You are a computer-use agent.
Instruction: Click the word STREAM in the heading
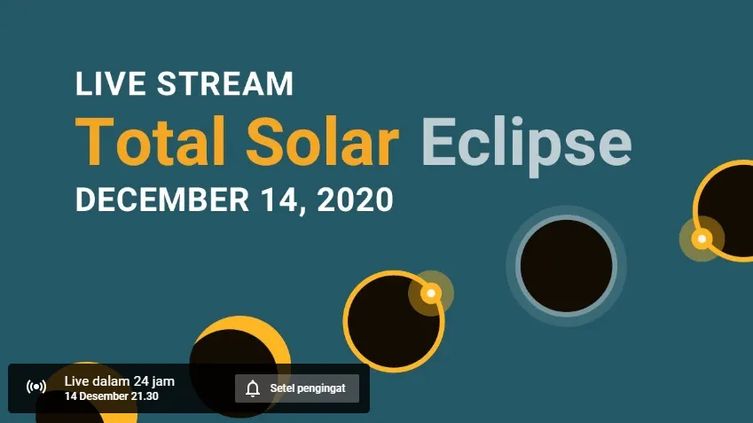click(225, 83)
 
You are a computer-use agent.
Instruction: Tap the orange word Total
click(150, 142)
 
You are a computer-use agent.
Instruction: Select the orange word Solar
click(322, 142)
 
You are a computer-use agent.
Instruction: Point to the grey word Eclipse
click(526, 143)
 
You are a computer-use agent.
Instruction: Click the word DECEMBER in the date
click(162, 200)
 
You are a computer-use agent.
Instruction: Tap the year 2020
click(355, 200)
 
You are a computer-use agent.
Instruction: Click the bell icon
click(253, 388)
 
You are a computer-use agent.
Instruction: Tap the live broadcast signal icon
click(36, 387)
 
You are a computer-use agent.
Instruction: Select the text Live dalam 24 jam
click(120, 381)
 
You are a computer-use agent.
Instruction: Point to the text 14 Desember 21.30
click(112, 396)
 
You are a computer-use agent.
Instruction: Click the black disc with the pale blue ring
click(566, 266)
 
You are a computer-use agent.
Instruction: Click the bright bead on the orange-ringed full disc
click(431, 293)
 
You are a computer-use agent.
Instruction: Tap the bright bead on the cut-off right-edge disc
click(702, 239)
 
